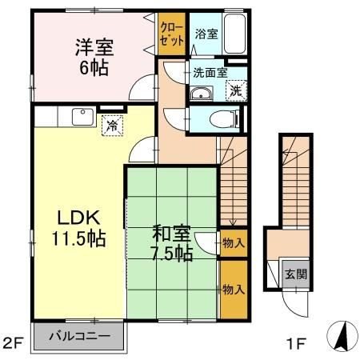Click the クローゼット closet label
coord(170,34)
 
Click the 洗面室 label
coord(210,72)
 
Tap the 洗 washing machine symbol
coord(236,90)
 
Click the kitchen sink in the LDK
coord(82,117)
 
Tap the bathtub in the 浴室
coord(234,34)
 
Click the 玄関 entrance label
coord(295,274)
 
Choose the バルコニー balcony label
coord(78,334)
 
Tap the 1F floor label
coord(297,344)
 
